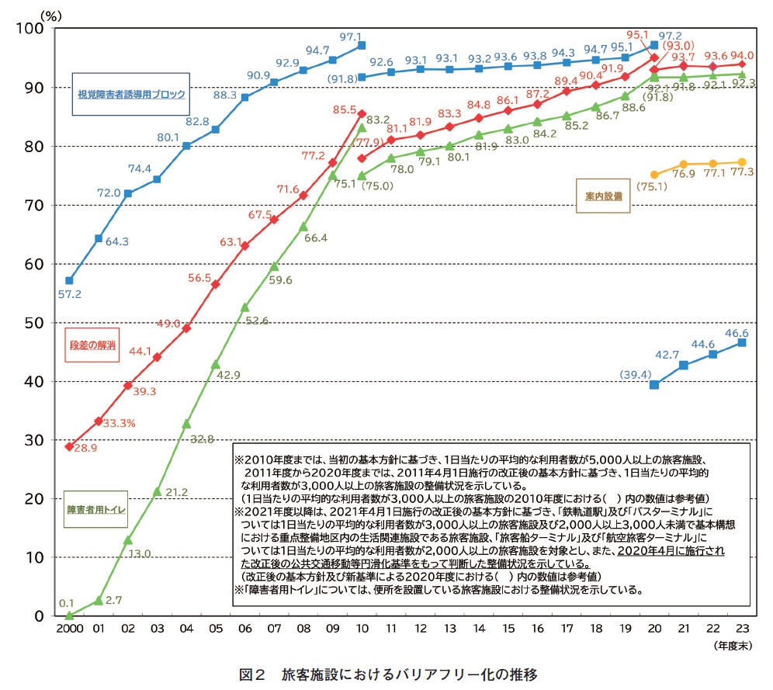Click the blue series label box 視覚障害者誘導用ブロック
[x=131, y=95]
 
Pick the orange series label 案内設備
[x=603, y=197]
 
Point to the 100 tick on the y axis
[x=36, y=29]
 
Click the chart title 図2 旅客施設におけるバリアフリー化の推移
[x=387, y=674]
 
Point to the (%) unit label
[x=50, y=13]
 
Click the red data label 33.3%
[x=120, y=423]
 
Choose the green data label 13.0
[x=137, y=553]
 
